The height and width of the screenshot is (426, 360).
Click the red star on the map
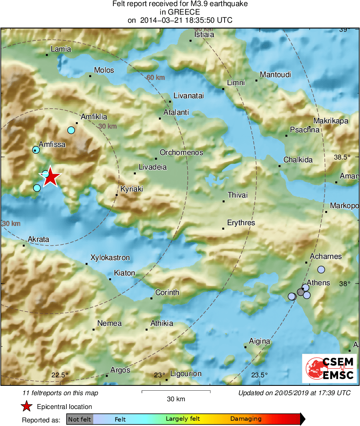tap(50, 177)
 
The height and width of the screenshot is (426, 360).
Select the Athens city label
tap(318, 283)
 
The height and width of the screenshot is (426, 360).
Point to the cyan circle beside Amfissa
tap(36, 150)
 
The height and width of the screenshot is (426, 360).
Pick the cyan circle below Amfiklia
tap(71, 130)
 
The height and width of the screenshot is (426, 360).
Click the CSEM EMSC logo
tap(329, 368)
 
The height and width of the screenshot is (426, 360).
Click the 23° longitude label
tap(159, 374)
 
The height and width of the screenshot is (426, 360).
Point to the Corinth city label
tap(167, 292)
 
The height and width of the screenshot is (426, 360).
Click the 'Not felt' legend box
tap(79, 419)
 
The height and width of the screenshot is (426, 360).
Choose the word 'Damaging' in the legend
tap(246, 419)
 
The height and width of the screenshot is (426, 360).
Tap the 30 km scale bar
tap(176, 392)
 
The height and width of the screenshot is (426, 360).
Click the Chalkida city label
tap(298, 160)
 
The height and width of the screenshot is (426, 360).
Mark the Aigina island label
tap(259, 341)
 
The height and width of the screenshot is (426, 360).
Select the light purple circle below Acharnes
tap(321, 269)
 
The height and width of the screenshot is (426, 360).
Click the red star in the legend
tap(27, 406)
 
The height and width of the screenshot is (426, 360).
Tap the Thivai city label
tap(238, 195)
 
